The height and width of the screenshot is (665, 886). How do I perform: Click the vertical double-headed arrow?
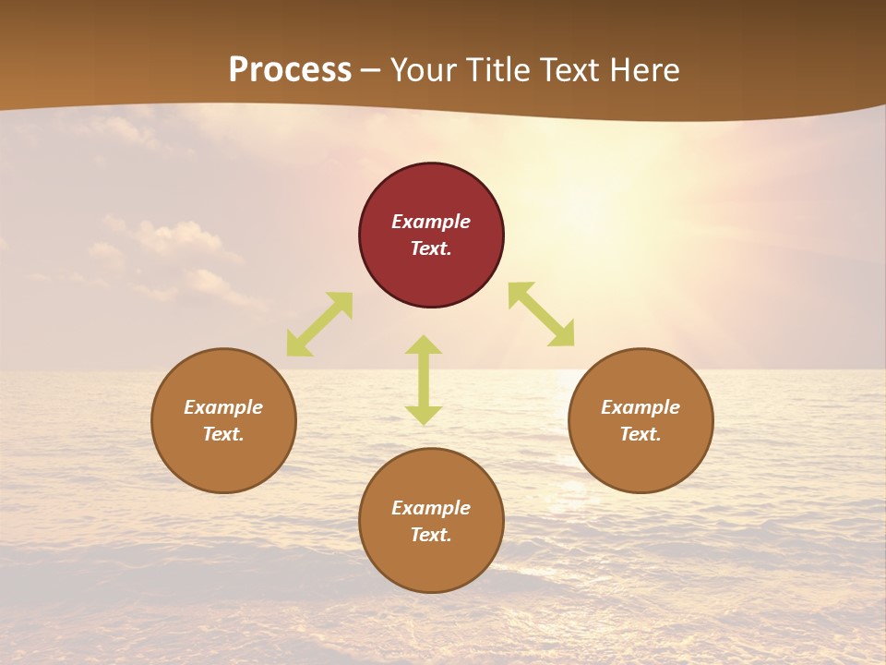click(424, 381)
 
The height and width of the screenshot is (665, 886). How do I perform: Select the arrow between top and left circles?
click(319, 324)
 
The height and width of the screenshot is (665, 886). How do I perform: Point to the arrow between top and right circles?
click(541, 315)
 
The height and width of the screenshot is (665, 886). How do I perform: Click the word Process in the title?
click(290, 70)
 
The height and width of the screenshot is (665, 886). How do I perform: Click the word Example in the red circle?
click(431, 222)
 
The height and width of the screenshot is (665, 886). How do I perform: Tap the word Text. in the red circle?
click(431, 248)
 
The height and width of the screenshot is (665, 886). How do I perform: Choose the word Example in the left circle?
click(223, 407)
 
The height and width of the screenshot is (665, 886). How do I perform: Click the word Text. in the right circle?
click(641, 434)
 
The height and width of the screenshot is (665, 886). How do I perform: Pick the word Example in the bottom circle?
click(431, 508)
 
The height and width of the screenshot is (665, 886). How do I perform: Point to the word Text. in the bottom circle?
click(431, 535)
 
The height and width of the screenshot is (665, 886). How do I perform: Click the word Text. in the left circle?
click(223, 434)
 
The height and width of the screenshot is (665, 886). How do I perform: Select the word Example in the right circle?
click(641, 407)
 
